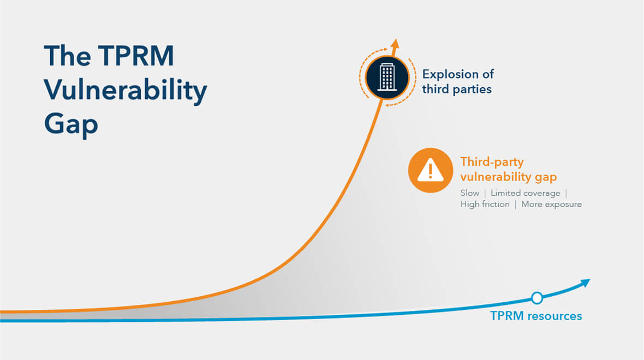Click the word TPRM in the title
coord(136,56)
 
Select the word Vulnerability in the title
coord(126,90)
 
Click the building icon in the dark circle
coord(387,77)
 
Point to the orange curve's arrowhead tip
coord(396,39)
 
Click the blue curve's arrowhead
coord(585,283)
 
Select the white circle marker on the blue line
coord(537,298)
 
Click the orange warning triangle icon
coord(431,170)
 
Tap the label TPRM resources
coord(536,316)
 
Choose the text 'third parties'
coord(457,89)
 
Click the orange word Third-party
coord(492,162)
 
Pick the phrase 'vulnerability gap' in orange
coord(509,177)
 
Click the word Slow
coord(469,193)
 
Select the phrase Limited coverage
coord(526,193)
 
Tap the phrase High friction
coord(485,204)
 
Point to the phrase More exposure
coord(551,204)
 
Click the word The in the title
coord(68,56)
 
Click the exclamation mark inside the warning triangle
coord(431,171)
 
